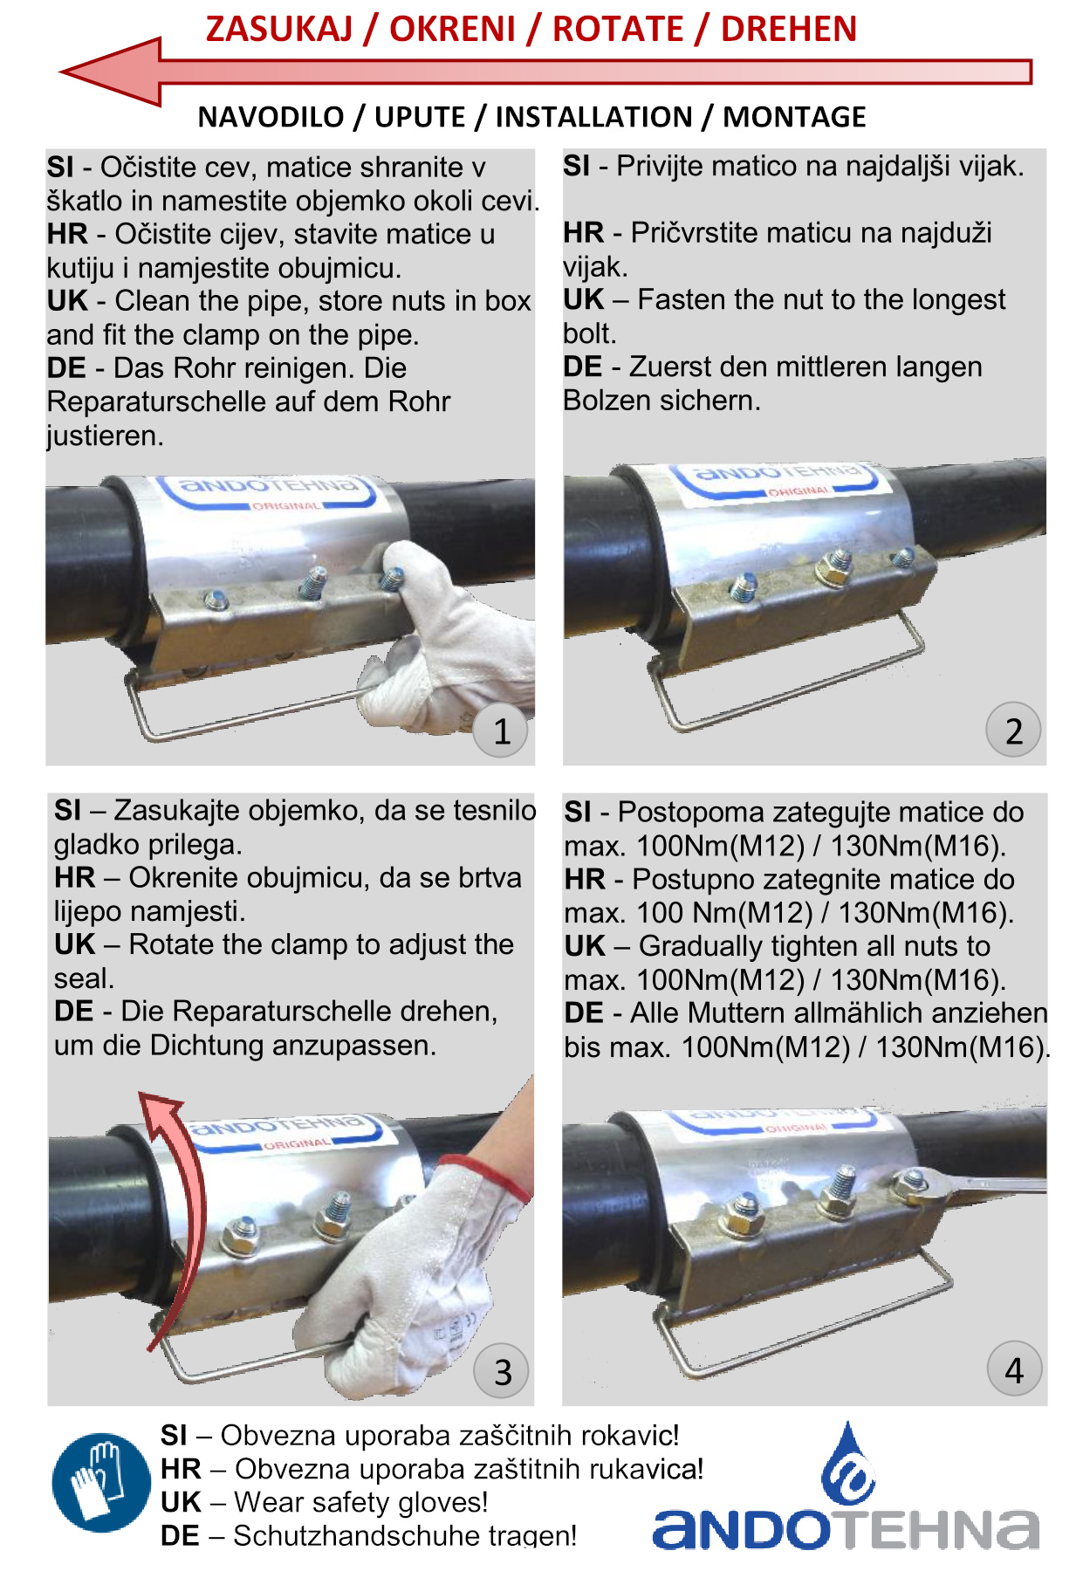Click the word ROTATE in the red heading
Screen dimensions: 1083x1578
pos(618,29)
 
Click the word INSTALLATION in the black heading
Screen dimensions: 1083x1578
pos(593,117)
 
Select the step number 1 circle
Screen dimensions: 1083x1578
pos(501,731)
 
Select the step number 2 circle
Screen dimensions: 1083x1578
pos(1013,730)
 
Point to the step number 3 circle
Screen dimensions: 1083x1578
pos(502,1371)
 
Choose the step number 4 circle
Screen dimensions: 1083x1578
pos(1014,1369)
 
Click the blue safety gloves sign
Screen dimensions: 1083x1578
pos(101,1483)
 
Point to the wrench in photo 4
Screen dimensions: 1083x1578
pos(969,1184)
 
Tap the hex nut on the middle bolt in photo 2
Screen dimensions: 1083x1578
pos(833,572)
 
